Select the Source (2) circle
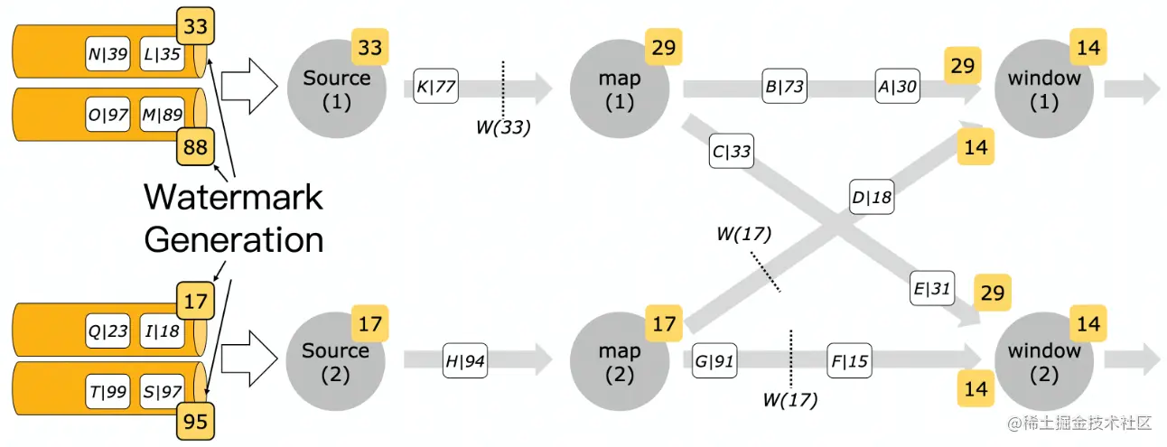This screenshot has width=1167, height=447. (336, 360)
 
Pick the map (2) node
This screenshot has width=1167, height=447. (620, 360)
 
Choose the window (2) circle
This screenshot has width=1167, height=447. (1044, 360)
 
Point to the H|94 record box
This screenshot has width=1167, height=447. (466, 360)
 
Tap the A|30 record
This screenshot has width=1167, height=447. (896, 88)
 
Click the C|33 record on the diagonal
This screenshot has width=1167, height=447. (731, 152)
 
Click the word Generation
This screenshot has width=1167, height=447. (233, 239)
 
